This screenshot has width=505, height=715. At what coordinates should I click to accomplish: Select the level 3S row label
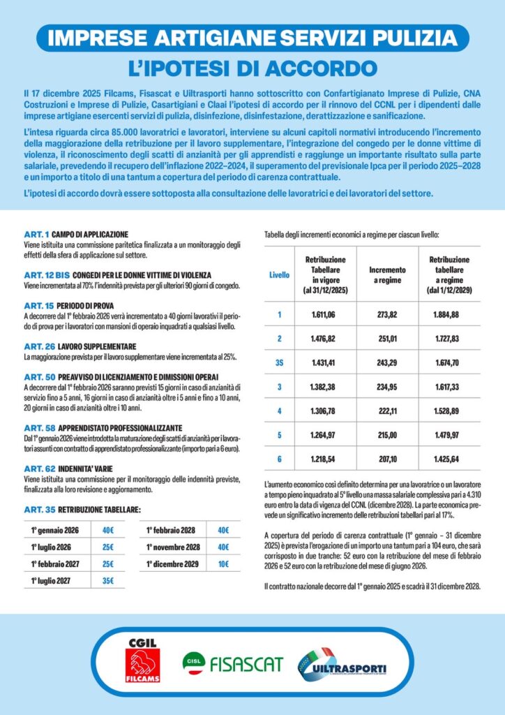coord(279,363)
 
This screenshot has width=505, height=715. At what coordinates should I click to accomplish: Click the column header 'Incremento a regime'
coord(386,274)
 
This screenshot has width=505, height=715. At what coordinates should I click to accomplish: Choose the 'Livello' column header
coord(279,274)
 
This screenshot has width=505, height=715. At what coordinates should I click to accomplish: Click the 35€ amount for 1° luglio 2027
coord(107,579)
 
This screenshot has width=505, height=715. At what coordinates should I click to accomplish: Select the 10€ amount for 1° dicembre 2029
coord(223,563)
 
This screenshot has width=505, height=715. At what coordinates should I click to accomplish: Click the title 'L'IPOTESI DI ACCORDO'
coord(252,68)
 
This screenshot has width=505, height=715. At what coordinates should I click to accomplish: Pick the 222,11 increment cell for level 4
coord(386,411)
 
